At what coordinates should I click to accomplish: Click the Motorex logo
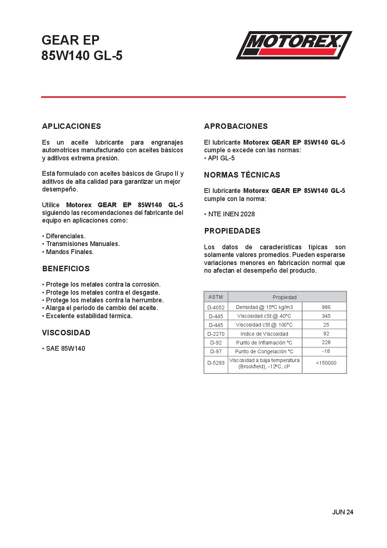[x=294, y=45]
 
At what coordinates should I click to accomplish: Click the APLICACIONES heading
[x=71, y=126]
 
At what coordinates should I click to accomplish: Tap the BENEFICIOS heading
[x=66, y=269]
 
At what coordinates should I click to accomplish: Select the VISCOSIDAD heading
[x=66, y=333]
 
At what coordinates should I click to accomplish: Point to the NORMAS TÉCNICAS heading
[x=242, y=175]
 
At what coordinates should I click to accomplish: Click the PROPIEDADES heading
[x=232, y=231]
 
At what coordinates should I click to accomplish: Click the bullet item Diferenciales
[x=65, y=236]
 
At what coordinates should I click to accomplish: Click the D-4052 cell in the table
[x=216, y=307]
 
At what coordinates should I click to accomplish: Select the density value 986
[x=326, y=307]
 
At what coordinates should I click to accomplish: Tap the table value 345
[x=326, y=316]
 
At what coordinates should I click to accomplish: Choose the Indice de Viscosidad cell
[x=264, y=334]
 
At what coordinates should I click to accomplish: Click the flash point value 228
[x=326, y=343]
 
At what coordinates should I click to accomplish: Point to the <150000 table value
[x=326, y=363]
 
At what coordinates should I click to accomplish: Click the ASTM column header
[x=215, y=297]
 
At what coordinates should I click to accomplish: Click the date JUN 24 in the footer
[x=342, y=512]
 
